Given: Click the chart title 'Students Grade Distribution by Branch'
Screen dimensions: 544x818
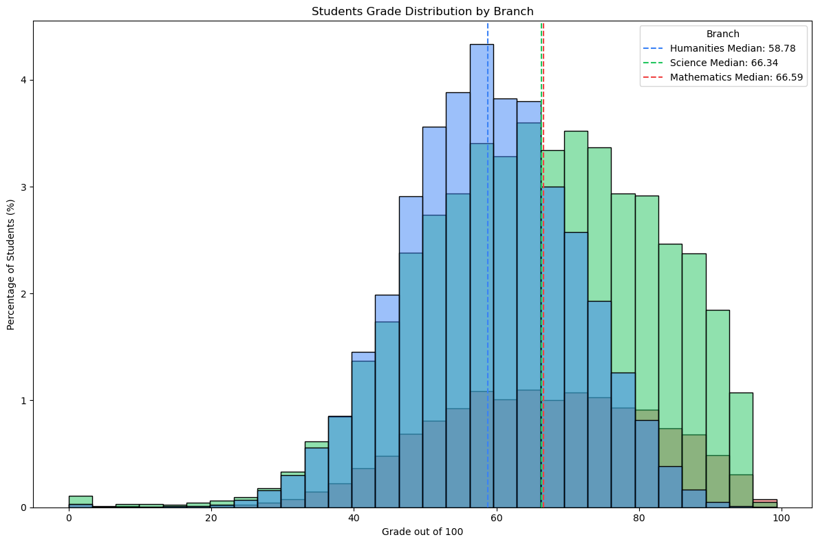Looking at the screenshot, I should (422, 11).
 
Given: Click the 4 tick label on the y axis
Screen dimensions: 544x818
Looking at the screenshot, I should (22, 80).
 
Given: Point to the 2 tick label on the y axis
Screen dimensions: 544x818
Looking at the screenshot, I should (22, 294).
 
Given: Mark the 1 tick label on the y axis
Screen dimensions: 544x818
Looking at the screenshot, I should (22, 401).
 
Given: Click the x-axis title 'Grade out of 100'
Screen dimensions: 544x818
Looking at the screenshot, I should (422, 532).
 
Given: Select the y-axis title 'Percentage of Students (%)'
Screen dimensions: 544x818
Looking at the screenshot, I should (11, 264).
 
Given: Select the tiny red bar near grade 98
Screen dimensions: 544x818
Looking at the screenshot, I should (764, 501).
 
